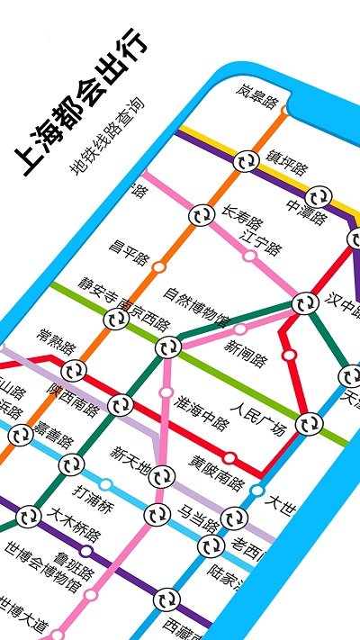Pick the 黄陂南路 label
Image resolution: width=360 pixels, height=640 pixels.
pyautogui.click(x=217, y=475)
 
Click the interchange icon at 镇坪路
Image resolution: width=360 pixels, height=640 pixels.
pyautogui.click(x=245, y=161)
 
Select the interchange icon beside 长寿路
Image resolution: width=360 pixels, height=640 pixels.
pyautogui.click(x=200, y=215)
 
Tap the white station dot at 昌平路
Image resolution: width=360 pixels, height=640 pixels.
pyautogui.click(x=159, y=266)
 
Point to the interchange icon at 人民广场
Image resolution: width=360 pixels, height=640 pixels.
pyautogui.click(x=309, y=421)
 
